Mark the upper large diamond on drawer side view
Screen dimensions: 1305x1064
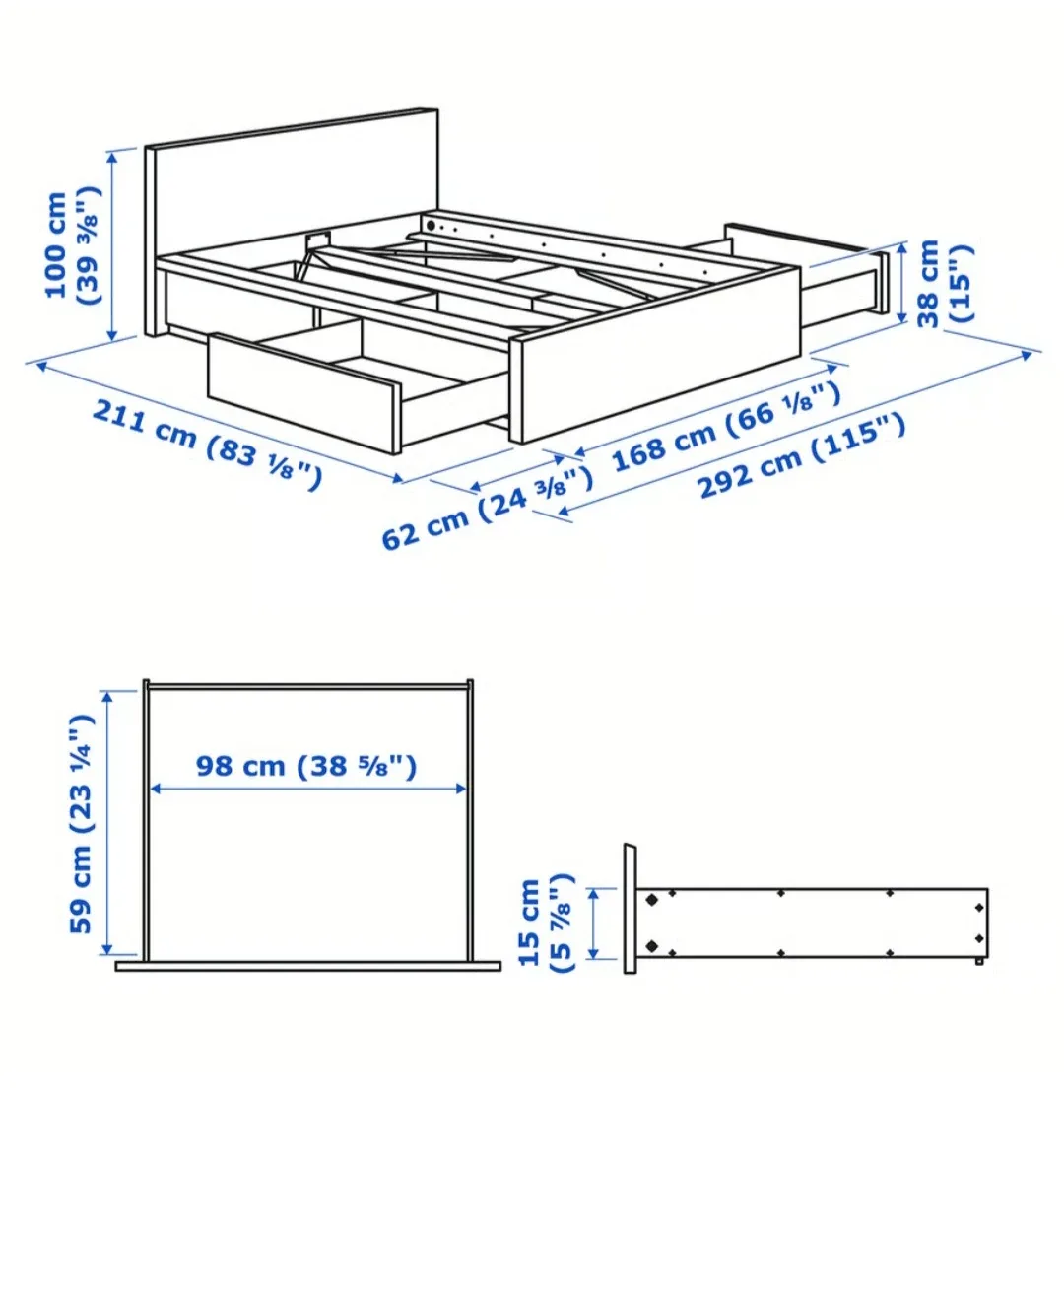tap(651, 899)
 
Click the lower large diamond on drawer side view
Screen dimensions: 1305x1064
tap(651, 946)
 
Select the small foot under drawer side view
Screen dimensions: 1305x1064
tap(978, 960)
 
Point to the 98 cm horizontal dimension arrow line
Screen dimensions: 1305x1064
tap(306, 789)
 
